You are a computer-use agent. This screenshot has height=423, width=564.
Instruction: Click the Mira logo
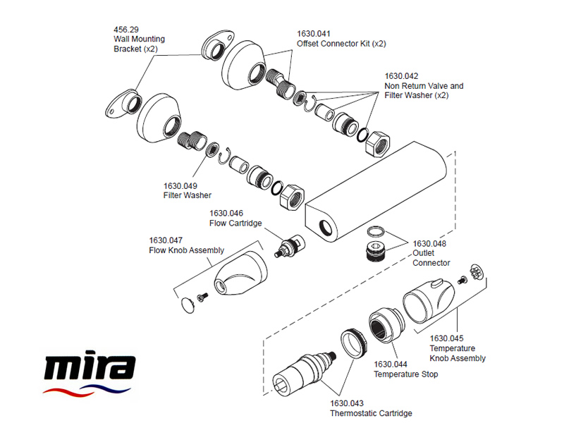coord(88,373)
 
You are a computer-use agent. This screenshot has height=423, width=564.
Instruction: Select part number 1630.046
coord(226,213)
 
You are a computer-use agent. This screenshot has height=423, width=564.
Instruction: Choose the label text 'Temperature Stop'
coord(405,374)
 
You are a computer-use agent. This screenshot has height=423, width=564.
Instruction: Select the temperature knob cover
coord(430,300)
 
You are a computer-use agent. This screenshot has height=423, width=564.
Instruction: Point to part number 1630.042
coord(401,76)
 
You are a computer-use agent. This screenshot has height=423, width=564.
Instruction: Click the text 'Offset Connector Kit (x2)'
coord(341,44)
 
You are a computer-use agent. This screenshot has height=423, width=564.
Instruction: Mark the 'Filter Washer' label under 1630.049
coord(187,195)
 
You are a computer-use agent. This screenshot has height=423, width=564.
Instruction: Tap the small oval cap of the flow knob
coord(186,304)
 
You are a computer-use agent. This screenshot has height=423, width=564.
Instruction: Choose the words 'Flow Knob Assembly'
coord(186,250)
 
